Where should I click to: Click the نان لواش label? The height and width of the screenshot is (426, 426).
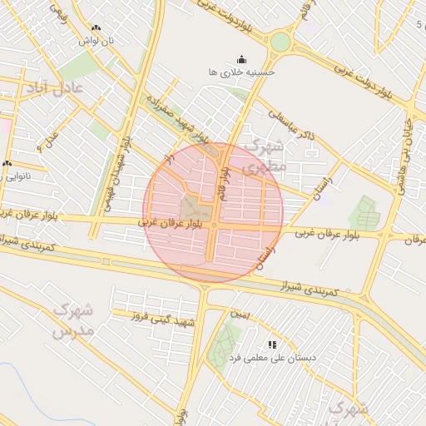(x=97, y=41)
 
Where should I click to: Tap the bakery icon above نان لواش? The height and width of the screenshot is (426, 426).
(x=97, y=28)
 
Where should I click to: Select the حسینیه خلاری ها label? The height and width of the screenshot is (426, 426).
(x=241, y=72)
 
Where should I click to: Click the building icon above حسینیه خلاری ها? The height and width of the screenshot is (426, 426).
(x=241, y=59)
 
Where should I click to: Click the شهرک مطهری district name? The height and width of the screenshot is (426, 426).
(x=265, y=156)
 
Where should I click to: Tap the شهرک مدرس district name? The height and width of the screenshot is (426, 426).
(x=73, y=319)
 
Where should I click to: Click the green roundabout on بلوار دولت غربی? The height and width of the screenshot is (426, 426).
(x=281, y=42)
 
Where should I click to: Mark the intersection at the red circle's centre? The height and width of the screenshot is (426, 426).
(x=214, y=225)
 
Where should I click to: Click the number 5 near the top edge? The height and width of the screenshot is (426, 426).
(x=418, y=24)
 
